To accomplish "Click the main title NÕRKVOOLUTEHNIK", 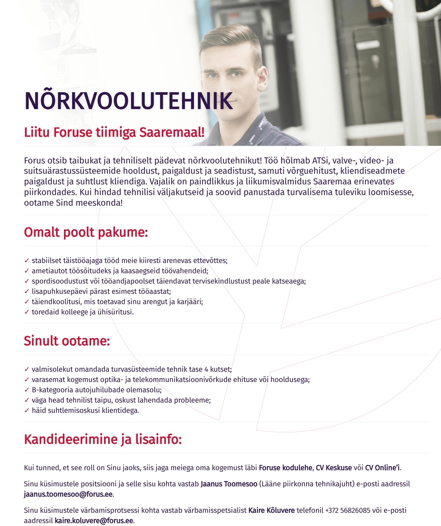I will click(129, 101).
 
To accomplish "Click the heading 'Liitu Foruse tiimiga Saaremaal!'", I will click(114, 132).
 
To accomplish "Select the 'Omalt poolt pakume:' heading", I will click(86, 233).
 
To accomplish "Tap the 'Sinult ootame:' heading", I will click(67, 341).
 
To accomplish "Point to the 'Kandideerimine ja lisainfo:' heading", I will click(103, 439).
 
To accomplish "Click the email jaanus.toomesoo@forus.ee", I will click(68, 494).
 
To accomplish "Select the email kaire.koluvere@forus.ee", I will click(94, 521).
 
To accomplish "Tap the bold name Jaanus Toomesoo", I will click(229, 484).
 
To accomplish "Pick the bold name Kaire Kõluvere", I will click(272, 510).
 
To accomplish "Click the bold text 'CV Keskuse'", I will click(334, 468).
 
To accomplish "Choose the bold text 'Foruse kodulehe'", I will click(286, 468).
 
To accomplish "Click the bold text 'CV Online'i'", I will click(382, 468).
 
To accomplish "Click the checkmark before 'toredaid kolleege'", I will click(26, 312).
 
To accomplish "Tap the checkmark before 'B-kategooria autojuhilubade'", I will click(26, 390).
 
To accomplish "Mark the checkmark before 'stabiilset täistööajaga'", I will click(26, 261).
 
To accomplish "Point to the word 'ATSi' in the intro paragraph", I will click(320, 161).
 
